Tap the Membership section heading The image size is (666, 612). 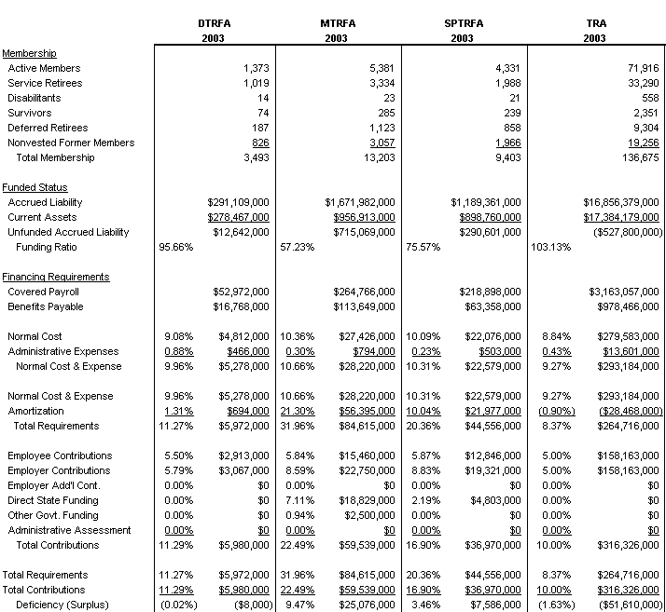pos(29,53)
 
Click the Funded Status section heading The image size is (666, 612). pos(35,187)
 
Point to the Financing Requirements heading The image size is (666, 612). pos(55,277)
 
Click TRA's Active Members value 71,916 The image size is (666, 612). pos(641,68)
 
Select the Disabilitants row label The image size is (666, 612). pos(35,98)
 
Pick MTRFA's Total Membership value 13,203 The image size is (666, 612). pos(377,157)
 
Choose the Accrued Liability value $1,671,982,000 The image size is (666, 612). pos(359,202)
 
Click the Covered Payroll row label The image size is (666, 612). pos(44,292)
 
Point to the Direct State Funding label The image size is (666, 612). pos(53,500)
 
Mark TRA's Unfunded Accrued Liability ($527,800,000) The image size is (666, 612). pos(625,232)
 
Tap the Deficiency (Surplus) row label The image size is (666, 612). pos(61,605)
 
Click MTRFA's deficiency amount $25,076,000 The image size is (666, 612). pos(364,605)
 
